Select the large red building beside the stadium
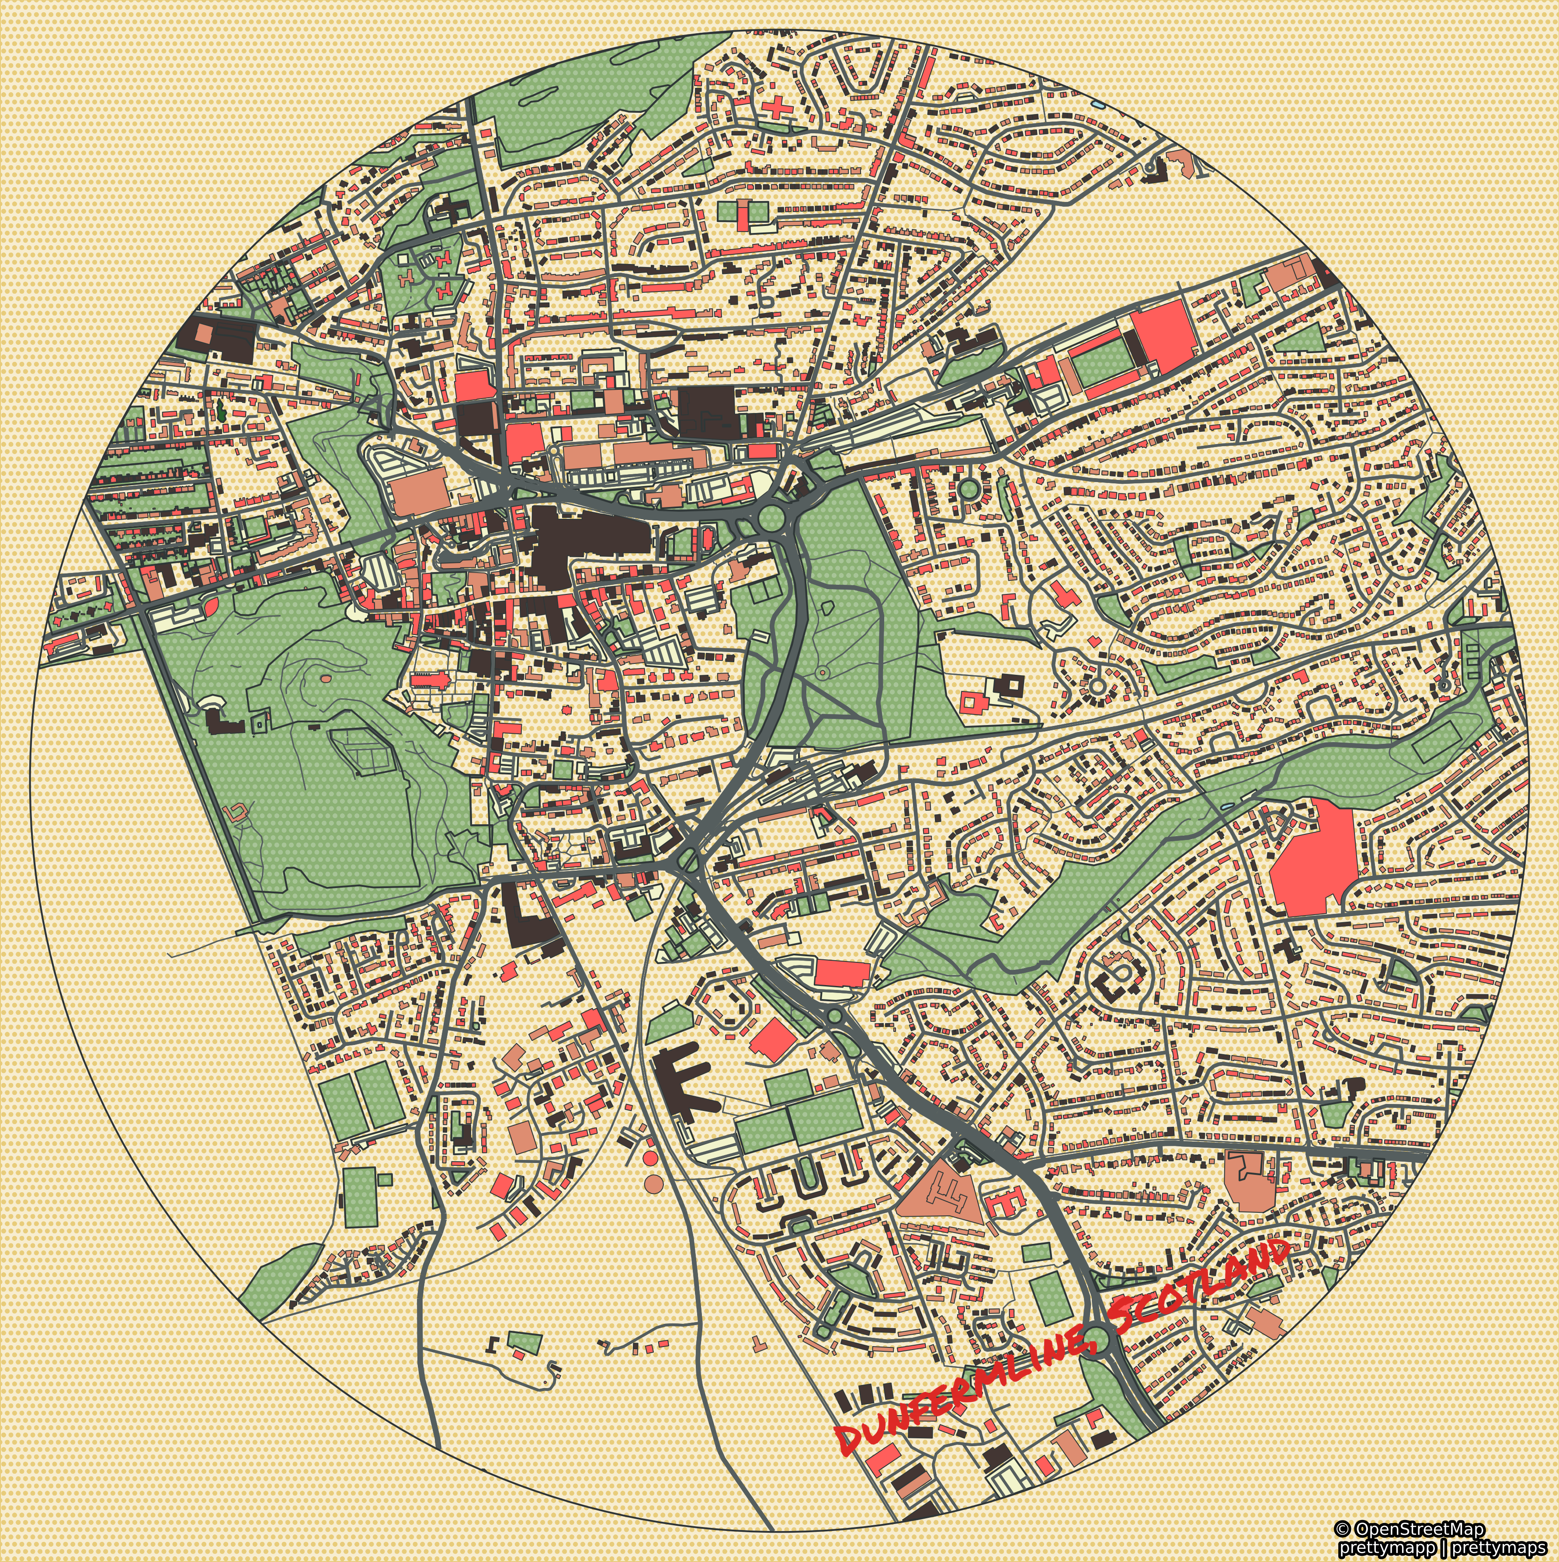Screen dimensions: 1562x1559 (1163, 331)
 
